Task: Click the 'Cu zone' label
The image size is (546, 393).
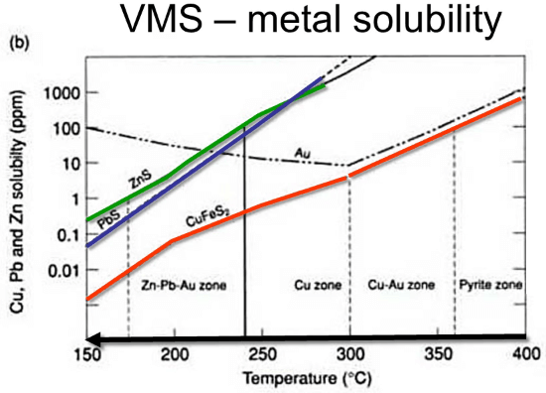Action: point(320,285)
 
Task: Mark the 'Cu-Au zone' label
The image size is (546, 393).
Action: point(401,285)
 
